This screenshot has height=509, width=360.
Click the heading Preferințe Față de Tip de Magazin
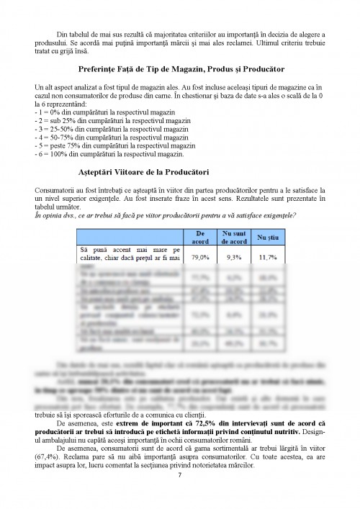click(x=179, y=69)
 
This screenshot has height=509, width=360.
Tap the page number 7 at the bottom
click(x=179, y=474)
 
